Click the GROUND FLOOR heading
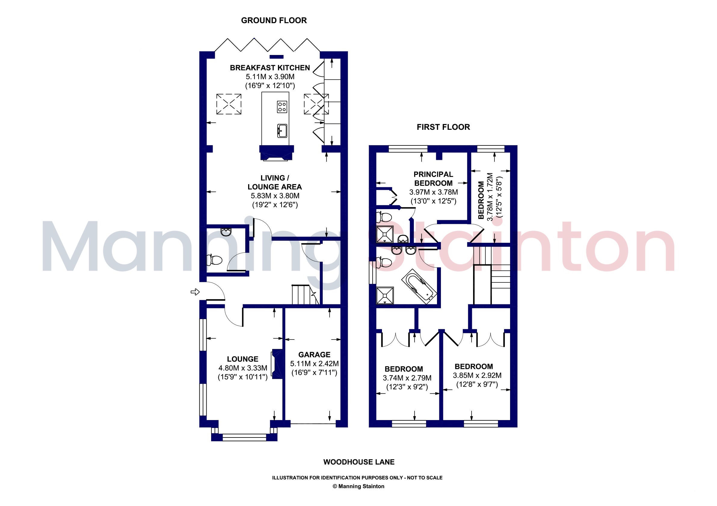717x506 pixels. (274, 21)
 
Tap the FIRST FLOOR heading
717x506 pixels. (443, 127)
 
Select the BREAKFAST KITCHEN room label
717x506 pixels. (270, 68)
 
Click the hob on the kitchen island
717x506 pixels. (282, 107)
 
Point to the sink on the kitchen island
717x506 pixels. (282, 131)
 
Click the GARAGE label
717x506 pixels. (314, 355)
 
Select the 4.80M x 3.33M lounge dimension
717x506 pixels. (243, 368)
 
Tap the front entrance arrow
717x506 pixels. (195, 292)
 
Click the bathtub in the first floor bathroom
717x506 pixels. (419, 287)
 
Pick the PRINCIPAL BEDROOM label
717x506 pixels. (433, 179)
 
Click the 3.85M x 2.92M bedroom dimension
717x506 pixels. (477, 376)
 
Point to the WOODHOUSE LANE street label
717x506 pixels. (359, 462)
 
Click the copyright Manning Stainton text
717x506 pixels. (358, 486)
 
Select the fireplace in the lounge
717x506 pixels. (277, 364)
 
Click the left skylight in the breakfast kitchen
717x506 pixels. (229, 104)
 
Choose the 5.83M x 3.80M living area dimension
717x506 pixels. (275, 196)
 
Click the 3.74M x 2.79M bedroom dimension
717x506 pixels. (407, 378)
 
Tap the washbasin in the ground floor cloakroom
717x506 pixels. (226, 232)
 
